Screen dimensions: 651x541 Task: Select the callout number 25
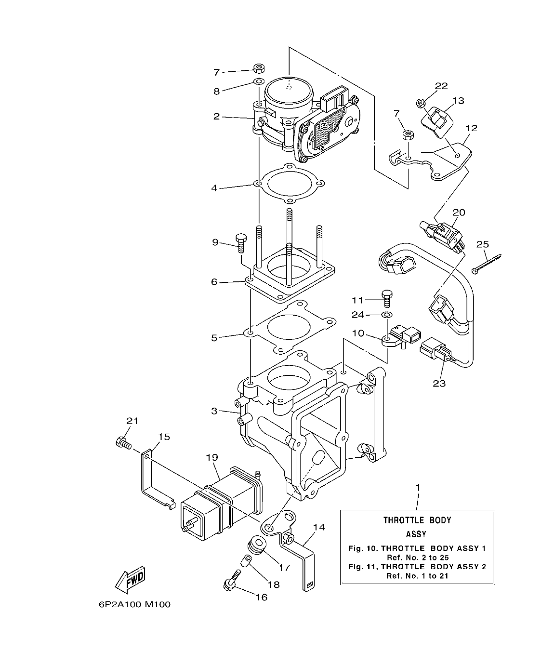coord(482,244)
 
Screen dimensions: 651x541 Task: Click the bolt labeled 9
coord(240,243)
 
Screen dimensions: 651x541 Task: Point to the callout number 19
coord(212,457)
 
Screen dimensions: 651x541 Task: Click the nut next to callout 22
coord(420,102)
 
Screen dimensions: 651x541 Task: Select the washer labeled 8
coord(259,81)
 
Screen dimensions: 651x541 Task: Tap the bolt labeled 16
coord(231,581)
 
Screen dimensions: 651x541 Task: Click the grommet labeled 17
coord(256,547)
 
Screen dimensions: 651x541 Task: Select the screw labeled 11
coord(387,297)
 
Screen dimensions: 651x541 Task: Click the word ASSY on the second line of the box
coord(417,534)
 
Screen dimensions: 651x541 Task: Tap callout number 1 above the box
coord(418,488)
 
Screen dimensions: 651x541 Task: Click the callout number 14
coord(319,527)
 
